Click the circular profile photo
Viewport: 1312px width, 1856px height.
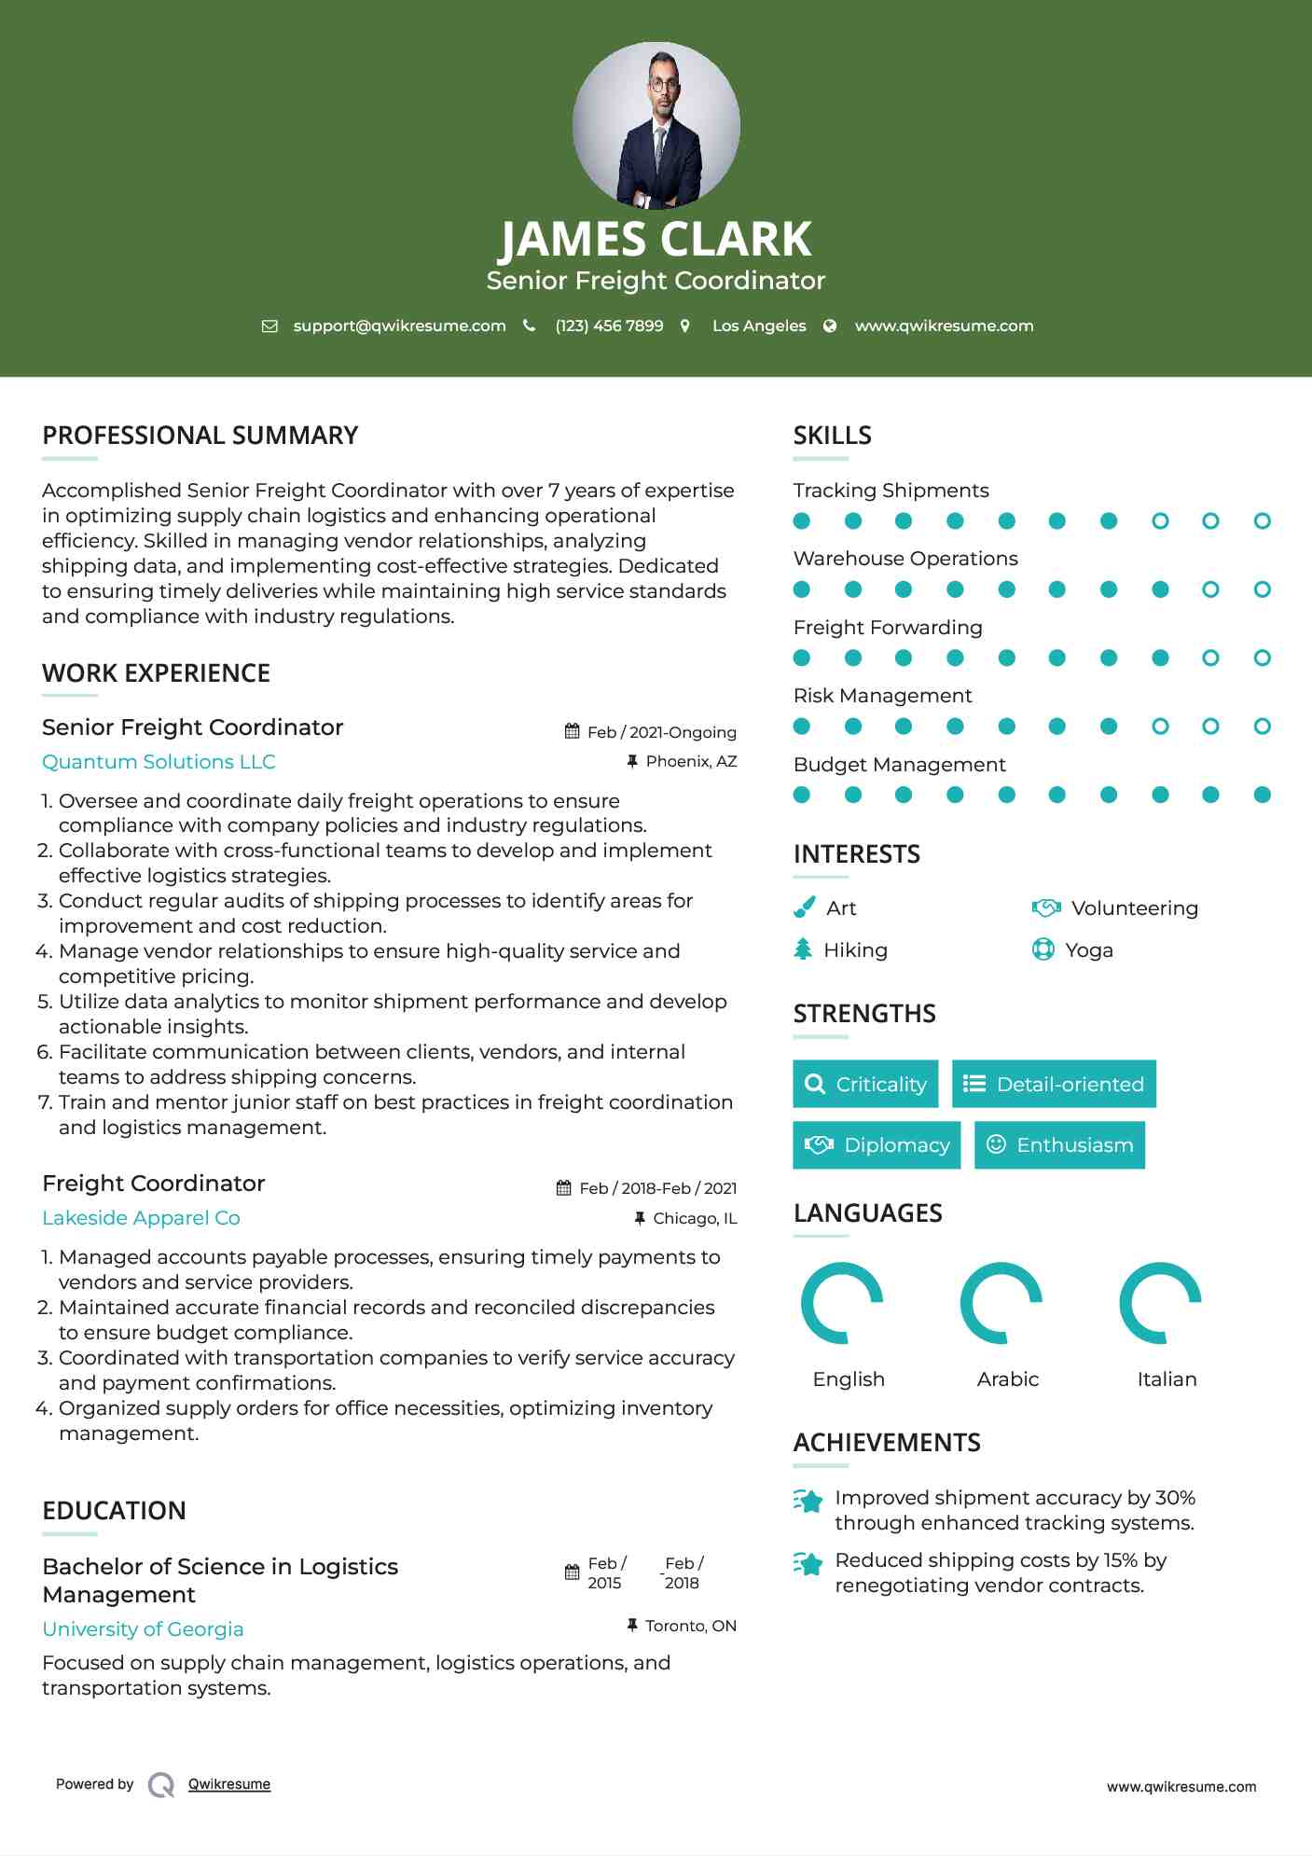(656, 125)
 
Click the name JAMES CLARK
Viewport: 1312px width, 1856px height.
(656, 240)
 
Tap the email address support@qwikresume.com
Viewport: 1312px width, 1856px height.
(399, 325)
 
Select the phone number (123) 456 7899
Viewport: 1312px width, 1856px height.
(609, 325)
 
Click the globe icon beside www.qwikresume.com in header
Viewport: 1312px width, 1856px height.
(830, 325)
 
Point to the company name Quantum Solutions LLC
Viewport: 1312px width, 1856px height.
(159, 762)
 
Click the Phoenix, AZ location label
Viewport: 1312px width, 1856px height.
(691, 761)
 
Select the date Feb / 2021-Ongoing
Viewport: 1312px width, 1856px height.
(661, 732)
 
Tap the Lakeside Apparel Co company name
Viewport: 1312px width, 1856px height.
(141, 1218)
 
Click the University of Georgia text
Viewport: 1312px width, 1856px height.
(143, 1629)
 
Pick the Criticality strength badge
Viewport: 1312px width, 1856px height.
(865, 1084)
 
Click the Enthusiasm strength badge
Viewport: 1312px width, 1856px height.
(1059, 1145)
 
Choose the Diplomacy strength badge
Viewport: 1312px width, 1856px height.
(877, 1145)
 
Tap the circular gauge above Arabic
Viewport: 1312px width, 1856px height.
(1001, 1303)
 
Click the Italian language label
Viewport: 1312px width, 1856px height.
(1167, 1379)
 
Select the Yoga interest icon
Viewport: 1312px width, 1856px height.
(1043, 949)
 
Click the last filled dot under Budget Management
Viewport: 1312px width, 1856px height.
(1262, 795)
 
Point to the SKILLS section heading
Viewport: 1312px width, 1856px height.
(832, 436)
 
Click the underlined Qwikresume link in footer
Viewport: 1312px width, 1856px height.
(229, 1784)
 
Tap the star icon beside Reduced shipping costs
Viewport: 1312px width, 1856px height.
(808, 1564)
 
